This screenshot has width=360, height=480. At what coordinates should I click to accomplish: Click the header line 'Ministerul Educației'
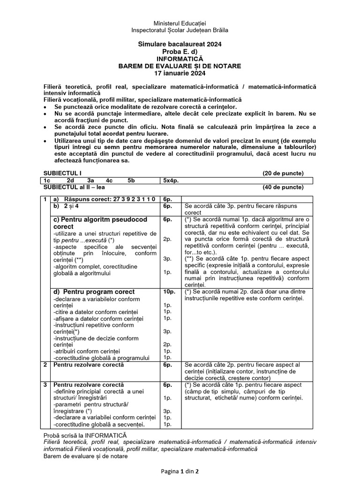(x=180, y=23)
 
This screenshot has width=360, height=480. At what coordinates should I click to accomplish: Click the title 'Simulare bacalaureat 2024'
(x=180, y=44)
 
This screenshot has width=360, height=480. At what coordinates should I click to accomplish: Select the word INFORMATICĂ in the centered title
(x=180, y=59)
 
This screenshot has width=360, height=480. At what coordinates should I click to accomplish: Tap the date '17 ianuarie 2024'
(x=180, y=74)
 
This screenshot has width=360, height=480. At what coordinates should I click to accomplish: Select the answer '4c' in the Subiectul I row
(x=109, y=180)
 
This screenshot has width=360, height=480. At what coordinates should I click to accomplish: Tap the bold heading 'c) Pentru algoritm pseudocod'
(x=100, y=219)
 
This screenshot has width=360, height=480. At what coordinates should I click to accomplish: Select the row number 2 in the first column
(x=45, y=364)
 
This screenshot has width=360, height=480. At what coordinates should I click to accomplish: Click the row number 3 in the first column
(x=45, y=384)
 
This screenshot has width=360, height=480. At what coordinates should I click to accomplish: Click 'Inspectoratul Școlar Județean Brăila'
(x=180, y=30)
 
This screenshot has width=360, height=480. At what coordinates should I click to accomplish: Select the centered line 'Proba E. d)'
(x=180, y=52)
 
